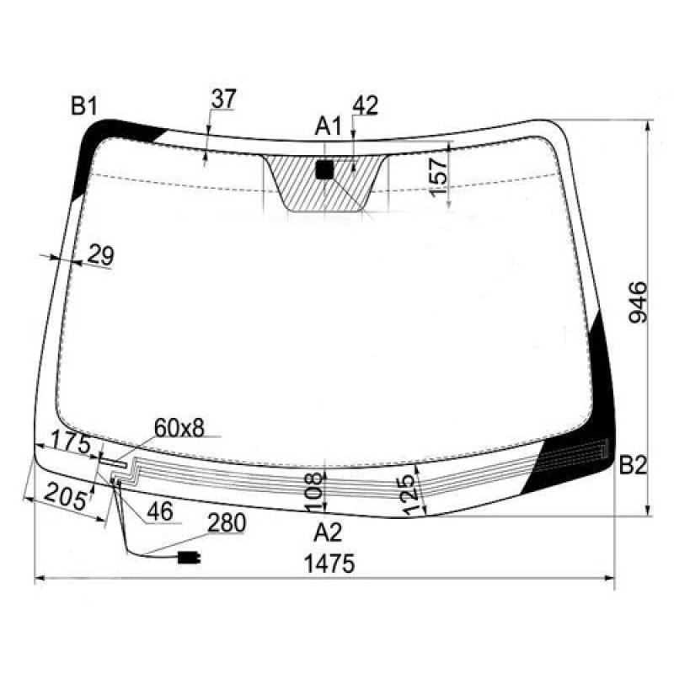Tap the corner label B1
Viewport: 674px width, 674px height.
pyautogui.click(x=84, y=106)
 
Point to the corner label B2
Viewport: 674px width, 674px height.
pyautogui.click(x=632, y=465)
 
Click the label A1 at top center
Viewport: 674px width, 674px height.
pyautogui.click(x=328, y=127)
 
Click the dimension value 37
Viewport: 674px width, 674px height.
pyautogui.click(x=223, y=99)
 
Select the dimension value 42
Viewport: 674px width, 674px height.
pyautogui.click(x=366, y=105)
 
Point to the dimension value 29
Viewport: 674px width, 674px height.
pyautogui.click(x=100, y=255)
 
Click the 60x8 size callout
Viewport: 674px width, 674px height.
pyautogui.click(x=179, y=428)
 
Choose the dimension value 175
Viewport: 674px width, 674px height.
pyautogui.click(x=70, y=441)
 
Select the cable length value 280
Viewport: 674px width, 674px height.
pyautogui.click(x=227, y=523)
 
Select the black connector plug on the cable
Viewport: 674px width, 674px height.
pyautogui.click(x=188, y=557)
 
